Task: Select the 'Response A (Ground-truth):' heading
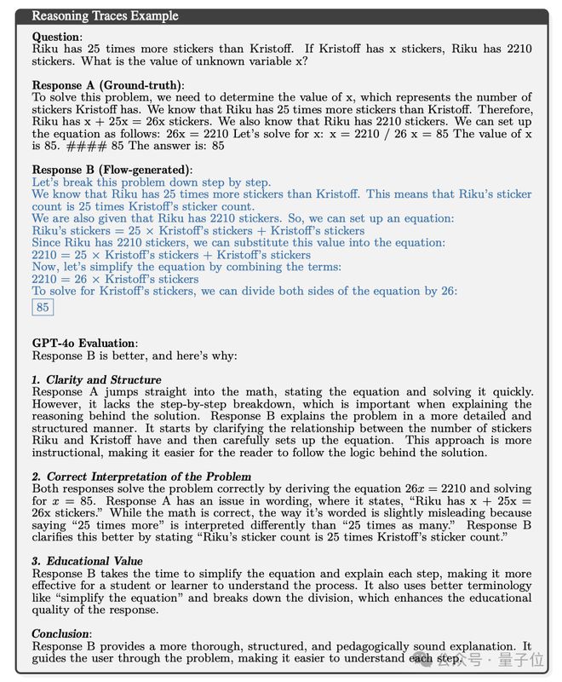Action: (108, 85)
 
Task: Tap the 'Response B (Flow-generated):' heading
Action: (112, 170)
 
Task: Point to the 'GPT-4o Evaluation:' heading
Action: (85, 344)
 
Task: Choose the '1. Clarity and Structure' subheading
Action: (96, 379)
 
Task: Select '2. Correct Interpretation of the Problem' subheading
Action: (141, 477)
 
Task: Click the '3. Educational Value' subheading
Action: (87, 562)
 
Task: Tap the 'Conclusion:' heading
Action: (61, 634)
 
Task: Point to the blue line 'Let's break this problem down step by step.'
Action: (152, 183)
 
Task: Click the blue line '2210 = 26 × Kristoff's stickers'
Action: (115, 279)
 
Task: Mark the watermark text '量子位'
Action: (525, 659)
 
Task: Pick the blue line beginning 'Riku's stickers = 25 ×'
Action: (198, 231)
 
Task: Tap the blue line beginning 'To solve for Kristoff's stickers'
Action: (244, 291)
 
